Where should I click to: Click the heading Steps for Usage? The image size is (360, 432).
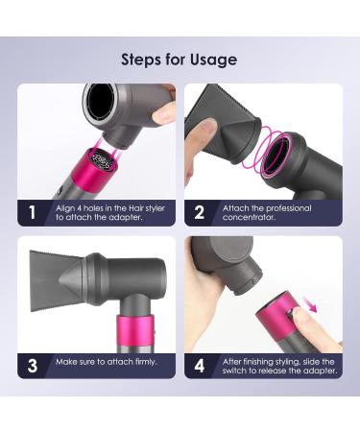(180, 60)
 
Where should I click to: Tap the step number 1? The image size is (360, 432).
(32, 212)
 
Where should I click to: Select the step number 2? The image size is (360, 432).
(199, 212)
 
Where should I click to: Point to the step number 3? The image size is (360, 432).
(33, 366)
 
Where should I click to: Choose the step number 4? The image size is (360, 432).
(200, 366)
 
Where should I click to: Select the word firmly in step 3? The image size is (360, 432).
(146, 362)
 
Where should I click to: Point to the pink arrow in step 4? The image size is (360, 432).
(309, 304)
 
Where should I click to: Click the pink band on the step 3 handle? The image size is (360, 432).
(135, 329)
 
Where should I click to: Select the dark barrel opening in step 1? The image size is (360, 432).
(100, 102)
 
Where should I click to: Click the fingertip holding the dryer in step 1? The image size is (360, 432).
(164, 113)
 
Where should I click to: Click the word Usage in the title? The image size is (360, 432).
(214, 60)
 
